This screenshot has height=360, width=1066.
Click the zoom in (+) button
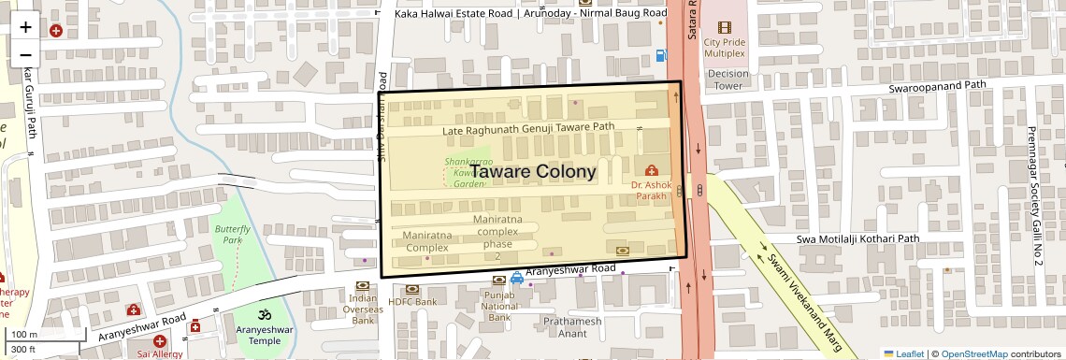pos(25,27)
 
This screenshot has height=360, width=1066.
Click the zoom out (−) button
pos(25,55)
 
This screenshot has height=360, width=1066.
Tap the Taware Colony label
pos(532,172)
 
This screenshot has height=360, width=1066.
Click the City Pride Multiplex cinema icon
pos(724,28)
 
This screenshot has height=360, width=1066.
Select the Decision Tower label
pos(728,79)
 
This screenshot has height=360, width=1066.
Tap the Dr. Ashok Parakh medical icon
pos(652,170)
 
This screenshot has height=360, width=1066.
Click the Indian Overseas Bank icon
pos(363,286)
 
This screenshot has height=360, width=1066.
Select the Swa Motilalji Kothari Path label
pos(858,239)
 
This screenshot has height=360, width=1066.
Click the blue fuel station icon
pos(661,55)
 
